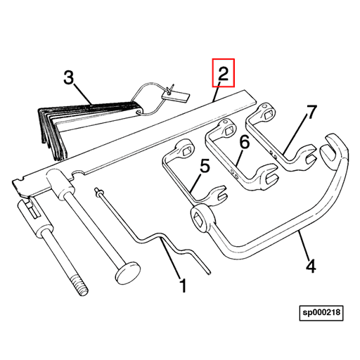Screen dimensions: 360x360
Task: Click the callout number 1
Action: click(x=182, y=286)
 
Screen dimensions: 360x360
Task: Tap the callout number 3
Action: click(x=69, y=77)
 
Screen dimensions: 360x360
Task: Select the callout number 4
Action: click(x=310, y=266)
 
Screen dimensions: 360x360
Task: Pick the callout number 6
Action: click(x=244, y=143)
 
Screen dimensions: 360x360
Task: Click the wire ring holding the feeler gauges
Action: click(x=150, y=92)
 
